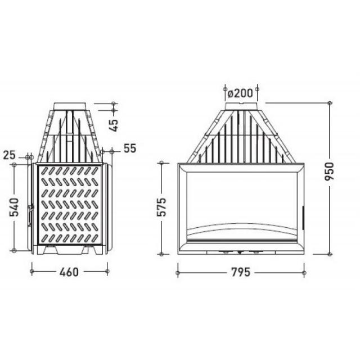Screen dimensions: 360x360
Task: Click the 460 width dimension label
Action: (x=69, y=272)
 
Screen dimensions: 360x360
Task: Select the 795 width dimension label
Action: (x=241, y=272)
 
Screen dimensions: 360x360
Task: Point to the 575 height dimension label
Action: (x=161, y=206)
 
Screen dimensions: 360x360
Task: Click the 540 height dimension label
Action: (x=13, y=208)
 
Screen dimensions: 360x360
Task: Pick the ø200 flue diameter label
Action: (x=240, y=93)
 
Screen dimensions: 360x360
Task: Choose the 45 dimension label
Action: (x=114, y=125)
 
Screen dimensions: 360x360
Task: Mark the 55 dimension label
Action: (x=130, y=148)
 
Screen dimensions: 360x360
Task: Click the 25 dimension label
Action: (x=10, y=155)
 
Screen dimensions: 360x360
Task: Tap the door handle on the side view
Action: (x=30, y=215)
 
